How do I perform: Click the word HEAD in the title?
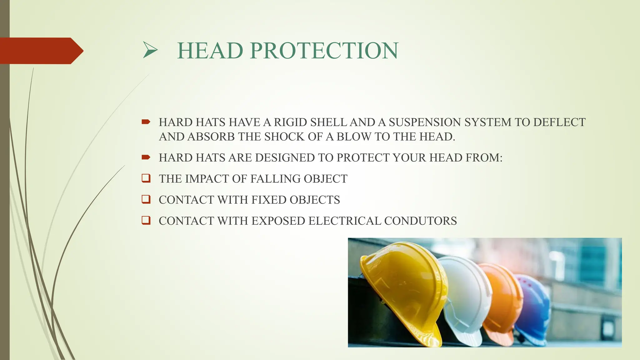click(210, 51)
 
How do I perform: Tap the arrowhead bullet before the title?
click(150, 51)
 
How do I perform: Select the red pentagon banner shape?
click(41, 51)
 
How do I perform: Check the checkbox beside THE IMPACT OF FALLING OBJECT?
click(146, 178)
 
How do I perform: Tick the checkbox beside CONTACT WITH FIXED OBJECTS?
click(146, 199)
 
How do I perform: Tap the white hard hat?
click(466, 297)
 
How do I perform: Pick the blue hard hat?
click(533, 306)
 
